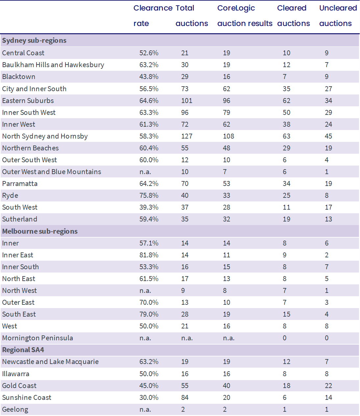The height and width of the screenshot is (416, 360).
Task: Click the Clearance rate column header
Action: pos(153,16)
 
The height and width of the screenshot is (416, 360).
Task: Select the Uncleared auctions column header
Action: pos(338,16)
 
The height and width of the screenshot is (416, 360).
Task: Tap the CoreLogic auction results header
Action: pos(245,16)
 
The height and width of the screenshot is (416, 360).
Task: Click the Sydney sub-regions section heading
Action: pos(34,40)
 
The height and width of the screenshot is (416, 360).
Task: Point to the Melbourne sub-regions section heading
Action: pos(40,231)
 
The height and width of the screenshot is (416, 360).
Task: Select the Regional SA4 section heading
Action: pos(23,350)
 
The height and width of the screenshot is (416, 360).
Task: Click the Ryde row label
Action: pos(10,195)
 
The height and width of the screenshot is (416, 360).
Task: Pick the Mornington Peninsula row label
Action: pos(37,338)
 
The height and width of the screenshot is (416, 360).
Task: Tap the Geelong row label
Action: pos(15,409)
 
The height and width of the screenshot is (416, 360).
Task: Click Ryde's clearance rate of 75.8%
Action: pos(149,195)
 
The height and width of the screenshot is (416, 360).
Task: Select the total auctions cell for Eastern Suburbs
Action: pos(187,101)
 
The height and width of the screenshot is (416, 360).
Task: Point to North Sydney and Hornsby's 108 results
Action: pos(228,136)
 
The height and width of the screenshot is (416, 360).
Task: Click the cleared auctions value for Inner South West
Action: pos(286,113)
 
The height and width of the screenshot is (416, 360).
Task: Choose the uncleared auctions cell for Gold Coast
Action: pos(328,386)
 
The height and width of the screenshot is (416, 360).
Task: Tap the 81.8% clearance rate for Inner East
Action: pos(149,255)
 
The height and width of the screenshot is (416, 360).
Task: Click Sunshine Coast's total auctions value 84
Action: pos(185,398)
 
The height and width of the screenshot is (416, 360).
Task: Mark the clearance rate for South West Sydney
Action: pos(149,207)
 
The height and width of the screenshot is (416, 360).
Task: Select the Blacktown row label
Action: pos(19,77)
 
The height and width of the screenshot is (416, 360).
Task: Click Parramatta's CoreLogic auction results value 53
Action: pos(227,184)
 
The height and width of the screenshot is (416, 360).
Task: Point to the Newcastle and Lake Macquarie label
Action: pos(50,362)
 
